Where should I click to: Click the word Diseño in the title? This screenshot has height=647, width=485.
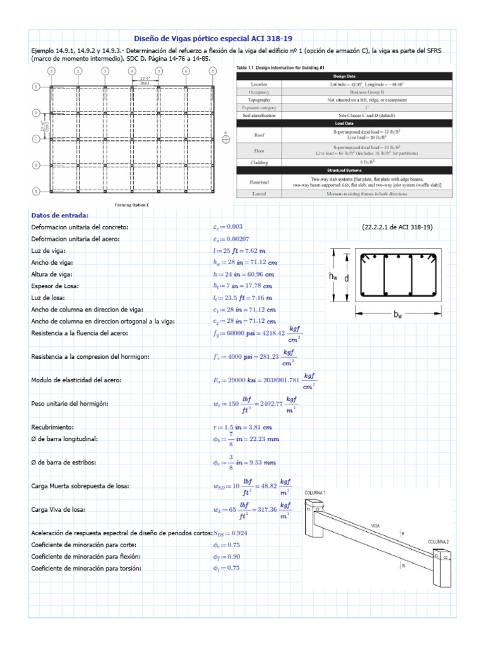click(148, 39)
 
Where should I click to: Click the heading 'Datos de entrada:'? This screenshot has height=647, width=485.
click(60, 215)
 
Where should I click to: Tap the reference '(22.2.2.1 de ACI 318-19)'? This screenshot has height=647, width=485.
click(397, 227)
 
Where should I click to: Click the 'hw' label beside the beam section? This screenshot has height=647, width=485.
click(332, 276)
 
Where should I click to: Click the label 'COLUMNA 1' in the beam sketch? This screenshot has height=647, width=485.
click(316, 492)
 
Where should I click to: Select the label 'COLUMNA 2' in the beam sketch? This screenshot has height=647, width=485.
click(440, 542)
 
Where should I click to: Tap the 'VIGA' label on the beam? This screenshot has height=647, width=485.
click(375, 524)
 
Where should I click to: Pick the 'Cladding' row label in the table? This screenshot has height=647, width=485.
click(259, 162)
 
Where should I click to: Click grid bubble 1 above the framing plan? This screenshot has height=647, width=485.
click(51, 71)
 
